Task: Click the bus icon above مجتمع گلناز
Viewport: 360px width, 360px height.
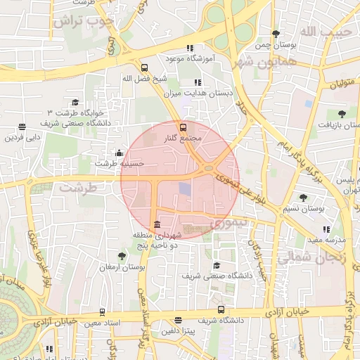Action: coord(184,127)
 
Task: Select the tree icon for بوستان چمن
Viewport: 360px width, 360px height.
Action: coord(275,34)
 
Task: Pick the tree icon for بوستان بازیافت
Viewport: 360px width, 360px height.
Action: coord(342,114)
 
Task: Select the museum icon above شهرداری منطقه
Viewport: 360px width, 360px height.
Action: coord(157,224)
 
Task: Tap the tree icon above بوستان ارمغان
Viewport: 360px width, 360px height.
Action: coord(122,257)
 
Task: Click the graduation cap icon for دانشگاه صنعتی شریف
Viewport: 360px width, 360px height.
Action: coord(217,266)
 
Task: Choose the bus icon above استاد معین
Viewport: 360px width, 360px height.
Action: coord(102,312)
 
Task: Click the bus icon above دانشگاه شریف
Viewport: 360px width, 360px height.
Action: coord(221,310)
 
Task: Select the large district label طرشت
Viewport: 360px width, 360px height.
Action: coord(77,188)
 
